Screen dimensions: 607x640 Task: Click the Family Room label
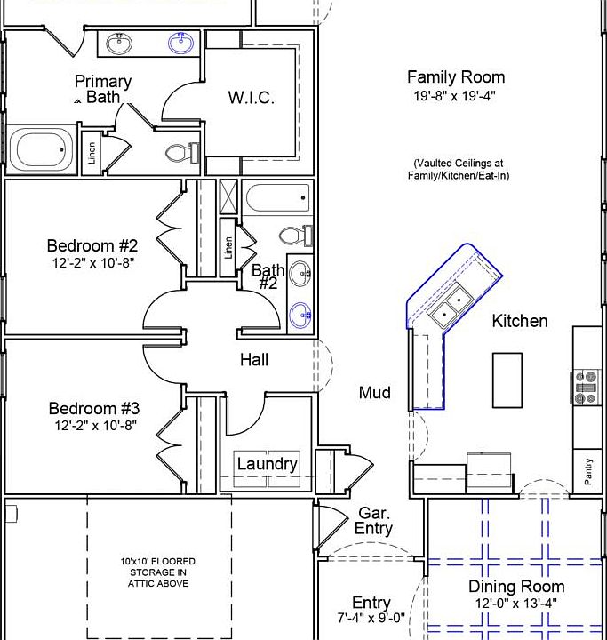click(456, 77)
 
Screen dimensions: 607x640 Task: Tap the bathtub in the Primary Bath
click(41, 149)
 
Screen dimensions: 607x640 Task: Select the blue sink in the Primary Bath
click(180, 43)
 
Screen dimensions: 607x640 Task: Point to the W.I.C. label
click(251, 98)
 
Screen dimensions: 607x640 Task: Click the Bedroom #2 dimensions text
click(93, 263)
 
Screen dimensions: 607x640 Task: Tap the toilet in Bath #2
click(296, 236)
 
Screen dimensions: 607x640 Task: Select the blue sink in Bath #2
click(300, 315)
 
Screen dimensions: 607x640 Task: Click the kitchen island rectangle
click(507, 380)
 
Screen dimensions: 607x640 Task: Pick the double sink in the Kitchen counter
click(451, 306)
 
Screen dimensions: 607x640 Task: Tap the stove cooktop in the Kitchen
click(586, 387)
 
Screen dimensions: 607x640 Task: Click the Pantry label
click(587, 471)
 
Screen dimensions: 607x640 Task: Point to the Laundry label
click(268, 464)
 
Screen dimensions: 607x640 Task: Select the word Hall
click(254, 360)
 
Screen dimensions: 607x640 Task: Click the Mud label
click(375, 393)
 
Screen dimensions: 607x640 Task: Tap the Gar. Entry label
click(373, 520)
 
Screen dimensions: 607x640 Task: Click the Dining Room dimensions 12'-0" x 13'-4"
click(516, 603)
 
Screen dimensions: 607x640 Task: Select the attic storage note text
click(158, 572)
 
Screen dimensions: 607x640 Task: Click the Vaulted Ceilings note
click(459, 169)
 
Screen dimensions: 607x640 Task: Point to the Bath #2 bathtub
click(277, 198)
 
